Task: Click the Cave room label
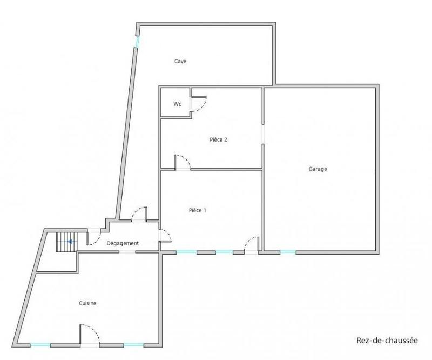point(180,62)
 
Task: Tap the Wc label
point(177,104)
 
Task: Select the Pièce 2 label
point(218,139)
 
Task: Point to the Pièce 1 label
point(197,210)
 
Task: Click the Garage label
point(318,169)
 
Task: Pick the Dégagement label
point(123,243)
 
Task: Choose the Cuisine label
point(87,304)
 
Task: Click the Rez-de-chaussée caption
point(387,340)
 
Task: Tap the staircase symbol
point(65,242)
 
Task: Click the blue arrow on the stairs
point(70,242)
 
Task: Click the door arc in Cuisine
point(89,334)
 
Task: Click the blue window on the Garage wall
point(287,252)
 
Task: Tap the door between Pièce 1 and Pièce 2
point(182,163)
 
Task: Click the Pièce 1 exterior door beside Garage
point(252,244)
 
